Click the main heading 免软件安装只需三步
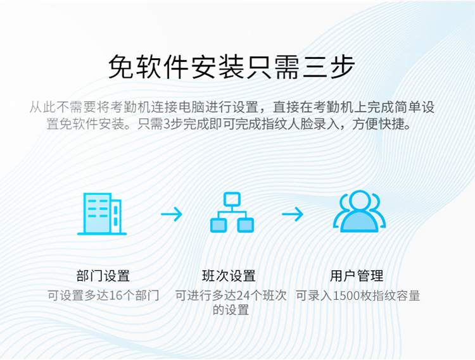[x=232, y=67]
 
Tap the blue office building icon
[x=102, y=214]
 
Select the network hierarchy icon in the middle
[x=232, y=212]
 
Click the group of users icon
[x=359, y=211]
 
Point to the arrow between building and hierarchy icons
[x=172, y=214]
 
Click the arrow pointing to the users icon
[x=293, y=214]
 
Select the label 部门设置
[x=103, y=276]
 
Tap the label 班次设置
[x=229, y=276]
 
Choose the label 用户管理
[x=357, y=276]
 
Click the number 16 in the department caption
[x=115, y=295]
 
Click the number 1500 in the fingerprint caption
[x=345, y=295]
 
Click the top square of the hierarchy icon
[x=232, y=199]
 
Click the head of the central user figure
[x=359, y=200]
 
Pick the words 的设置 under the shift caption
[x=231, y=310]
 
